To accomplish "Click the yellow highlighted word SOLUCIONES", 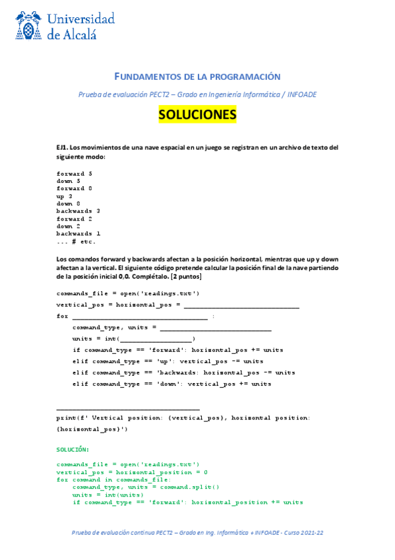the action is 197,115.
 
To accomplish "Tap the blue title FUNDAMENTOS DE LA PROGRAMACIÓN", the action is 197,77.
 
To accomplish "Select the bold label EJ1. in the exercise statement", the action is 63,147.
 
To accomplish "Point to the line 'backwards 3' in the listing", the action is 78,211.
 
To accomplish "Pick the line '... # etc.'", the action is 76,241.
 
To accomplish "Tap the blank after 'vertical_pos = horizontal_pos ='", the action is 241,304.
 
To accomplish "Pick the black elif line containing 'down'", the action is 172,384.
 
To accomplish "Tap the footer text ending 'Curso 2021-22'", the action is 197,532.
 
